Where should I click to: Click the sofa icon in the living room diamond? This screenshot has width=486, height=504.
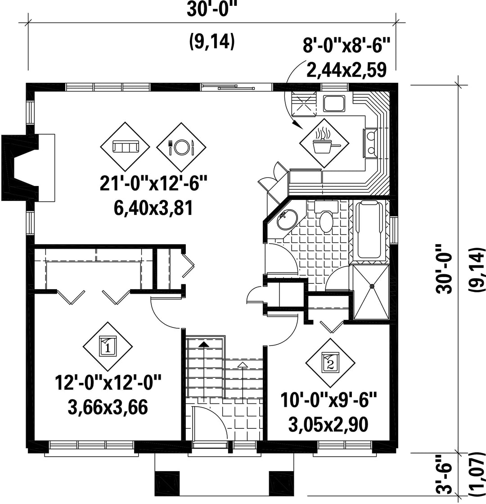coord(125,146)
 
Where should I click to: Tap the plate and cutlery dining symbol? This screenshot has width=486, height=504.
coord(181,147)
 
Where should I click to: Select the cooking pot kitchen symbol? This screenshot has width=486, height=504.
coord(324,143)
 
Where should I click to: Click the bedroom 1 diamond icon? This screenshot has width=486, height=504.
coord(108,346)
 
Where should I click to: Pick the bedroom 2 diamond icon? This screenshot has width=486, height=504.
coord(330,363)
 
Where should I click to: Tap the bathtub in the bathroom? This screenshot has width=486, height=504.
coord(368,230)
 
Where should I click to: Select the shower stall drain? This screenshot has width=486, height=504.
coord(372,286)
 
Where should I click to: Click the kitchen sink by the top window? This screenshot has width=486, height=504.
coord(334,103)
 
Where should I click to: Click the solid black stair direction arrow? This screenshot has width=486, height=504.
coord(203,344)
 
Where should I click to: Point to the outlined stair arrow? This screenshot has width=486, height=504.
coord(243,364)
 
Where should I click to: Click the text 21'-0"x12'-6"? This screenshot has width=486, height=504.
coord(153,183)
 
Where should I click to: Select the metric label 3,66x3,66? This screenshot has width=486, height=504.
coord(108,407)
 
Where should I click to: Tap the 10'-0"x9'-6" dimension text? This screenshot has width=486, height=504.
coord(328,400)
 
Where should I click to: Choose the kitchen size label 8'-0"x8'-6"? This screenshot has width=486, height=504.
coord(346,45)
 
